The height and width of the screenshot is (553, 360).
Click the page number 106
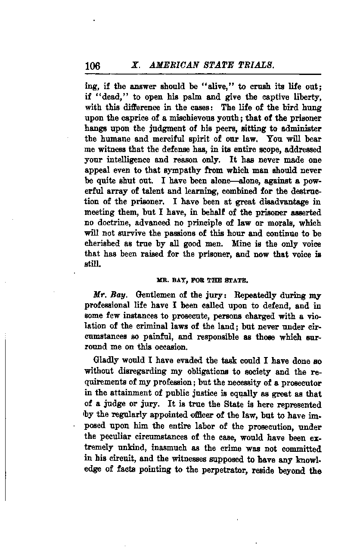93,66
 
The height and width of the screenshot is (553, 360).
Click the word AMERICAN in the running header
172,65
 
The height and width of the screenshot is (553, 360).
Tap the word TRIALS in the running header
255,65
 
